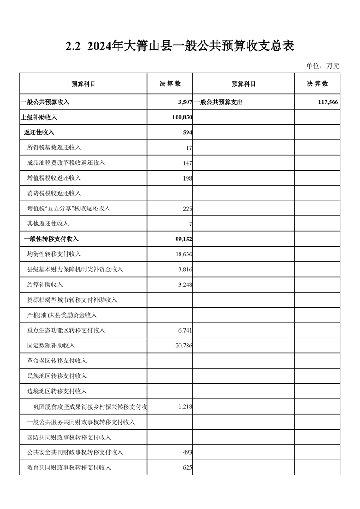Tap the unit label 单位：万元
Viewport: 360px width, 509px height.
tap(323, 66)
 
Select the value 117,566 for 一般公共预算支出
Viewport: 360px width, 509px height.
tap(328, 102)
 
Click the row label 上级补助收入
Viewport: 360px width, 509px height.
tap(39, 117)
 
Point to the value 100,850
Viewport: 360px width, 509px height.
tap(181, 117)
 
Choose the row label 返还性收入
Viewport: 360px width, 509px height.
tap(39, 132)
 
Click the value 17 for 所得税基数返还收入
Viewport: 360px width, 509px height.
tap(189, 148)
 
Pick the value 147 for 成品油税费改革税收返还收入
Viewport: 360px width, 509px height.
tap(187, 163)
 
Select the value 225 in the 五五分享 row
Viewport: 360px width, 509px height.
tap(187, 209)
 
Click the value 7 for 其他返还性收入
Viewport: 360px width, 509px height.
tap(191, 224)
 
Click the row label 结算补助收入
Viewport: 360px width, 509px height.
tap(45, 284)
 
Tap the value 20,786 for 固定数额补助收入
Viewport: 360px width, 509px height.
tap(183, 346)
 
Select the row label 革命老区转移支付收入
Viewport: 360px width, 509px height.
tap(57, 361)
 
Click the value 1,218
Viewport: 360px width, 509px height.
tap(185, 406)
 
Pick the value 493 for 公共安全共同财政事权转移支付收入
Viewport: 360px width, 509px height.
tap(187, 452)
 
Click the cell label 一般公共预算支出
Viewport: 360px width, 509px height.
tap(218, 102)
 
